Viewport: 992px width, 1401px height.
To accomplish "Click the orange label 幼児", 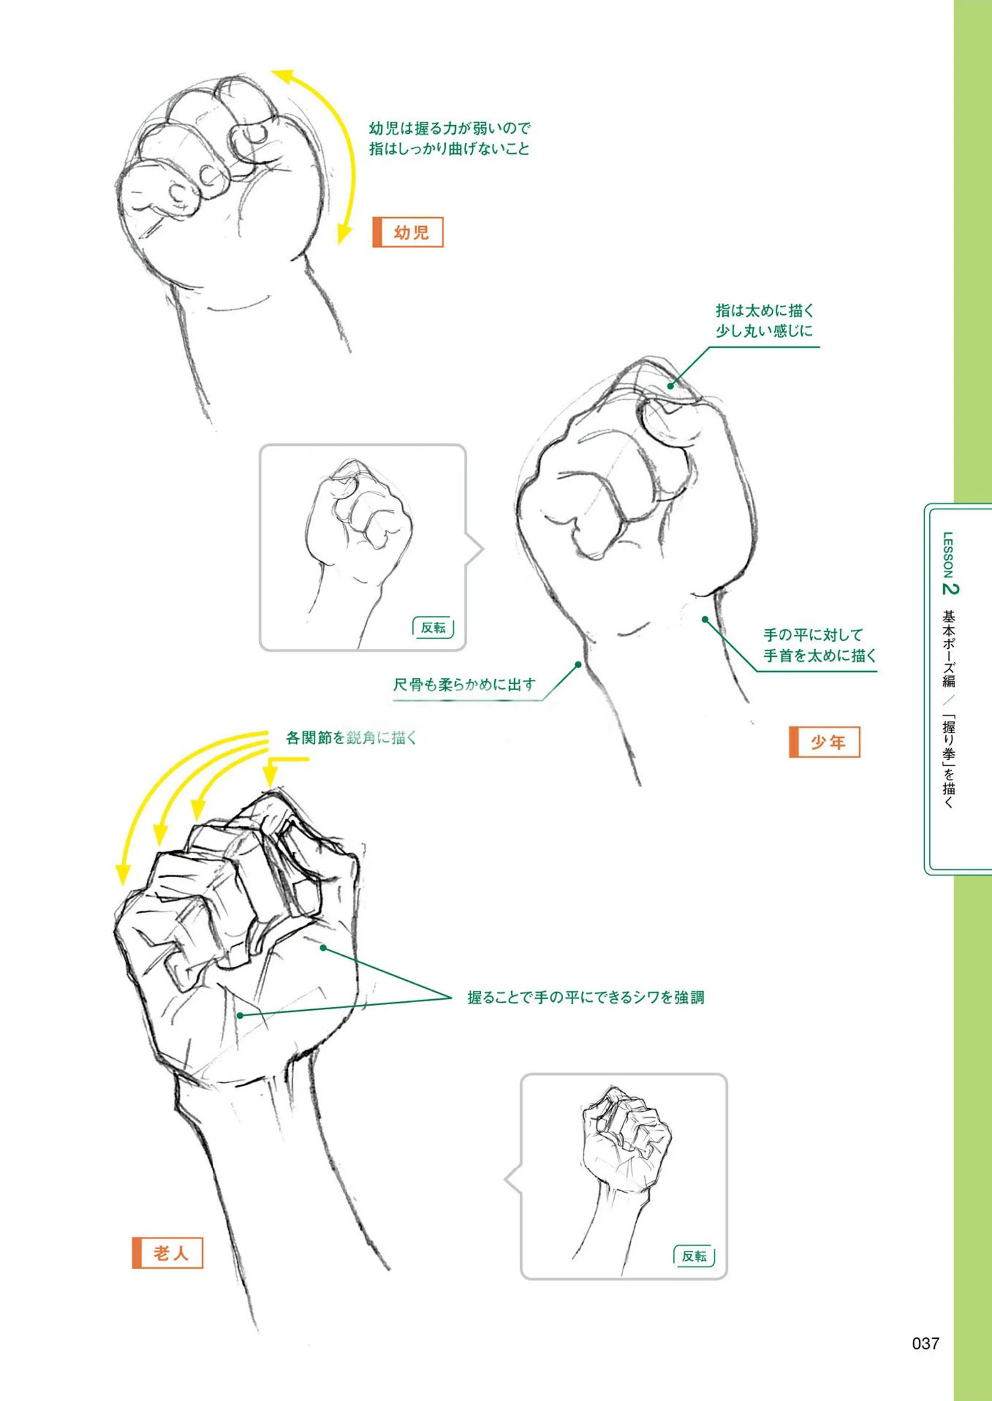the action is pos(408,232).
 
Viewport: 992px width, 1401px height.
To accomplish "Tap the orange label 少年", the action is pos(825,742).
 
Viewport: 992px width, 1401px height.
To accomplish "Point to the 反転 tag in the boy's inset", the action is pos(433,627).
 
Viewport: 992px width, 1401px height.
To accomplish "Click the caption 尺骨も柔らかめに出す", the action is pos(464,685).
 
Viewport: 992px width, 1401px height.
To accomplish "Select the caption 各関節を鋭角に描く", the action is pos(351,738).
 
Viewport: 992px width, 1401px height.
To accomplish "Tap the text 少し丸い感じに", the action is pos(765,331).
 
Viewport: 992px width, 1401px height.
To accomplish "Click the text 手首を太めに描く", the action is pos(820,656).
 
